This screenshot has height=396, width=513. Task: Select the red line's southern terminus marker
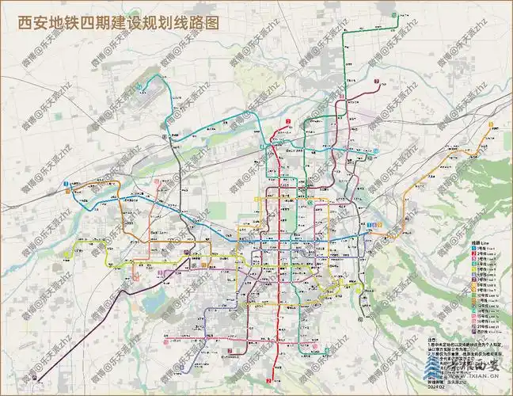point(269,382)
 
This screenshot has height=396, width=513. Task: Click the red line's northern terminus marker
point(290,120)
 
